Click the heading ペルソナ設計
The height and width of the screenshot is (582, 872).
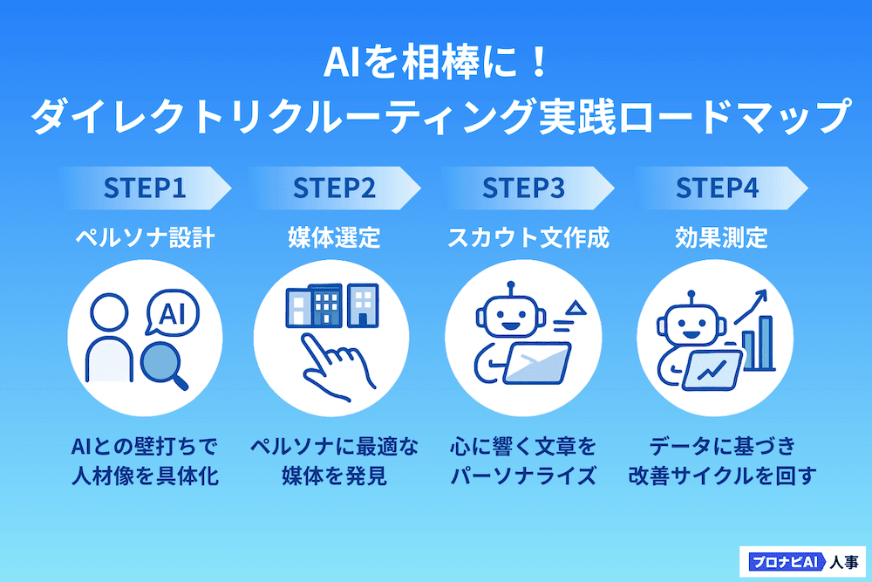pyautogui.click(x=145, y=237)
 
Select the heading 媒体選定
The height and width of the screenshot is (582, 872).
pyautogui.click(x=334, y=237)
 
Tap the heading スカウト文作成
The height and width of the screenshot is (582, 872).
pyautogui.click(x=522, y=237)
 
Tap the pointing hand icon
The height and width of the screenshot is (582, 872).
pyautogui.click(x=337, y=367)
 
